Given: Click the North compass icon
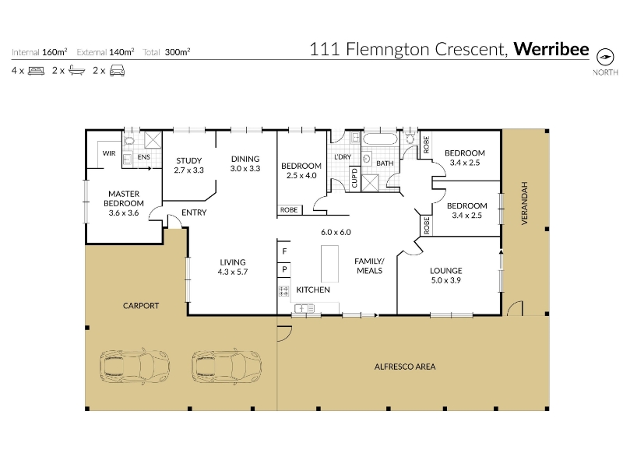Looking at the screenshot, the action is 605,57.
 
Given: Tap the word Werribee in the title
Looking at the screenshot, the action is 551,49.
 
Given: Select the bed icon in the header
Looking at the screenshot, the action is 36,71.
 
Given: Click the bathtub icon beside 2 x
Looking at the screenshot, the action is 76,71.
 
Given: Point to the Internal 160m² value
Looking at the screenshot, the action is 55,52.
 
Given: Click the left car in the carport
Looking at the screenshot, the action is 135,366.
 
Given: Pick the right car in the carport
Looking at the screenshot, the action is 227,366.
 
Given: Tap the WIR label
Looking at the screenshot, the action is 109,153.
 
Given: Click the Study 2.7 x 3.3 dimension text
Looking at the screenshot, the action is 188,170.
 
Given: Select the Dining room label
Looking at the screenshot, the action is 245,159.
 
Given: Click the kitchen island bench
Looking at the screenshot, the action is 329,263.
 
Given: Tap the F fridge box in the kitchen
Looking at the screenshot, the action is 284,251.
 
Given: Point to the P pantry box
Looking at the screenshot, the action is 284,269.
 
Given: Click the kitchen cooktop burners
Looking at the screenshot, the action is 283,291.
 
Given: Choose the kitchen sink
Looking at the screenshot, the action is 304,308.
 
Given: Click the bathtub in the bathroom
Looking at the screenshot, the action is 380,139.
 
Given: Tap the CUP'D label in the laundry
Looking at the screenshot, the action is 354,177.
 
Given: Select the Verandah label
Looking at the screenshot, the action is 524,203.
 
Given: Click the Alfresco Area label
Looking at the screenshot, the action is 405,367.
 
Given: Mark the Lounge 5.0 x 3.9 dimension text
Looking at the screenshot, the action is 445,280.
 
